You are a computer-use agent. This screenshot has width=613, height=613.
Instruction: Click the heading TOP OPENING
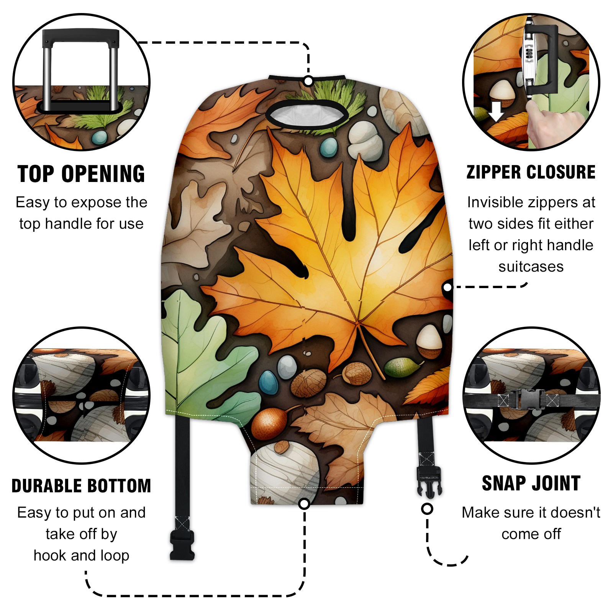point(81,174)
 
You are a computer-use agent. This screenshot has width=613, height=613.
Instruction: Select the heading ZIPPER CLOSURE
point(531,172)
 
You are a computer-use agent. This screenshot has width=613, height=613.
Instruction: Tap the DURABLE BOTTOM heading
point(81,486)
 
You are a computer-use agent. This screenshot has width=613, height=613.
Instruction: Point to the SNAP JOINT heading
point(531,483)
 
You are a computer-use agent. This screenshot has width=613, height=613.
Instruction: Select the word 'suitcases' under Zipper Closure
point(531,267)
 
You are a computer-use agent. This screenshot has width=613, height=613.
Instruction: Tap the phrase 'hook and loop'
point(81,556)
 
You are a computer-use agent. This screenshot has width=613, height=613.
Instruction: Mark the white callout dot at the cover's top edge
point(308,81)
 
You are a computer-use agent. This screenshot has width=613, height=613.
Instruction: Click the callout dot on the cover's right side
point(447,287)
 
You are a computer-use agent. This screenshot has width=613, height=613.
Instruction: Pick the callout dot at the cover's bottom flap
point(304,504)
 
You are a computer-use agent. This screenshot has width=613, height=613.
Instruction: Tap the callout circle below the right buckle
point(427,509)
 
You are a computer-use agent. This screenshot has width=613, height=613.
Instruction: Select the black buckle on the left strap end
point(182,544)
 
